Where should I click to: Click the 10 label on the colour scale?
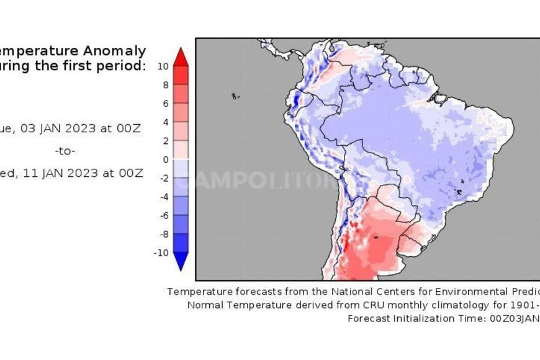click(x=163, y=66)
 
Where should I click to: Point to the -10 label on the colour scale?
click(x=161, y=253)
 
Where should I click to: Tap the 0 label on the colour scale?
click(x=165, y=160)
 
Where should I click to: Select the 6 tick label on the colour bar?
click(x=165, y=104)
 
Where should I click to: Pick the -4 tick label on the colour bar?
click(x=163, y=197)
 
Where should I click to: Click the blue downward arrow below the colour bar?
click(x=180, y=261)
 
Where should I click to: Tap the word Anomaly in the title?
click(x=115, y=51)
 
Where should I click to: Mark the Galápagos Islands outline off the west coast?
click(x=235, y=96)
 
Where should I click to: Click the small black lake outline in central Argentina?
click(x=376, y=236)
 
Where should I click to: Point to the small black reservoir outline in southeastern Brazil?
click(x=459, y=191)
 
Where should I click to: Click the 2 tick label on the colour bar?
click(x=165, y=141)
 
